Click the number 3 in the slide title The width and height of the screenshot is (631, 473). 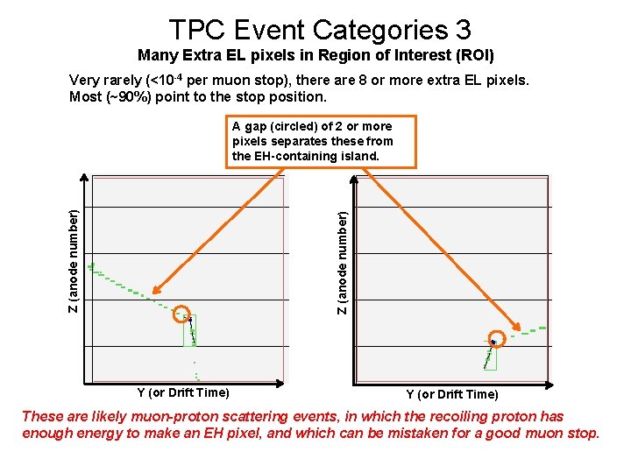462,30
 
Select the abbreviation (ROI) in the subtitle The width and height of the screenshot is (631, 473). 473,56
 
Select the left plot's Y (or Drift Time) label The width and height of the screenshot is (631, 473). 183,392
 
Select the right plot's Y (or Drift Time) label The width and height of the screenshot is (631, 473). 451,394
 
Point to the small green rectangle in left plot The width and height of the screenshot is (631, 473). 189,330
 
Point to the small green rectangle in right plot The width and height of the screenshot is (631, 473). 491,354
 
